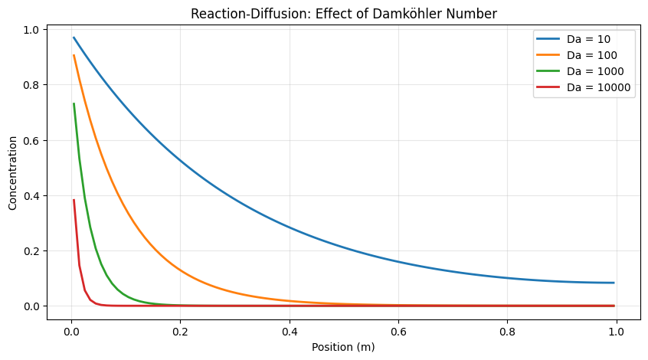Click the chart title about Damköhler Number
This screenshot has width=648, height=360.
(x=343, y=14)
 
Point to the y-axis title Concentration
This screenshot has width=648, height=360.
(x=12, y=173)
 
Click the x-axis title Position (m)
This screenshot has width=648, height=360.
(x=343, y=347)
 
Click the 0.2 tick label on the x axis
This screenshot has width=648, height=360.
(x=180, y=332)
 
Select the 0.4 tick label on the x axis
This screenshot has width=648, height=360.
(x=290, y=332)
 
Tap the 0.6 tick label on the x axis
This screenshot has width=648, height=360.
(x=398, y=332)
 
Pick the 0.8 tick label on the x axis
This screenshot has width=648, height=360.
(x=508, y=332)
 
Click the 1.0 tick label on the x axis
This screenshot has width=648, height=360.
(x=617, y=332)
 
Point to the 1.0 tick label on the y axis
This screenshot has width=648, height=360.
(x=31, y=30)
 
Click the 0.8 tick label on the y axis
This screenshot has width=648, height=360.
(x=31, y=85)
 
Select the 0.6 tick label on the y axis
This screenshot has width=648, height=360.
(x=31, y=140)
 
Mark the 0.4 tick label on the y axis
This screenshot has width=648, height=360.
(x=31, y=196)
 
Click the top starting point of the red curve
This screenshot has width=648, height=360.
(x=74, y=200)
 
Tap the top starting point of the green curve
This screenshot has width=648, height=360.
(x=74, y=103)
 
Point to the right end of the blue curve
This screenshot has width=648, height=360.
(x=614, y=283)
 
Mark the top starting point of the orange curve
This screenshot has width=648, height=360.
(x=74, y=55)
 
